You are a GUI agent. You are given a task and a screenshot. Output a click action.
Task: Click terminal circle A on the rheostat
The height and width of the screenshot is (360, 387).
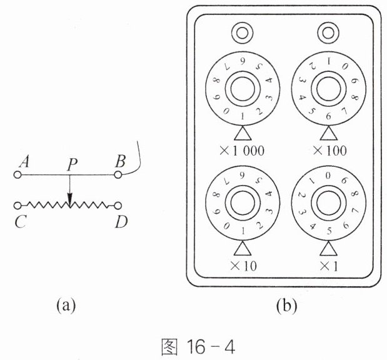pyautogui.click(x=18, y=175)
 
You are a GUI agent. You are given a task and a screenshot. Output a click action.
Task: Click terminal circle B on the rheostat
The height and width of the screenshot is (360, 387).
pyautogui.click(x=118, y=175)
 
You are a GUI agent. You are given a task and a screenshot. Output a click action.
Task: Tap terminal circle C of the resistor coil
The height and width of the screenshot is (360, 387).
pyautogui.click(x=18, y=206)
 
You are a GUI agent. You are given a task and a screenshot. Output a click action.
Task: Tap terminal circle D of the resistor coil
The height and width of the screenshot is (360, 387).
pyautogui.click(x=118, y=206)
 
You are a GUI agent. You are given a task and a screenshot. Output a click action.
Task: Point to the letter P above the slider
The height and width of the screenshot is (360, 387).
pyautogui.click(x=72, y=164)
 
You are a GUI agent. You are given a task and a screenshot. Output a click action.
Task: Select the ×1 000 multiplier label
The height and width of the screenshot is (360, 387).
pyautogui.click(x=242, y=150)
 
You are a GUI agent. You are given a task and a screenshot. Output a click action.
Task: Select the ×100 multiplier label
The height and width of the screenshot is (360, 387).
pyautogui.click(x=329, y=150)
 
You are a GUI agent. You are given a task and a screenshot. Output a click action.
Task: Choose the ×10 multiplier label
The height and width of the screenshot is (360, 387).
pyautogui.click(x=243, y=266)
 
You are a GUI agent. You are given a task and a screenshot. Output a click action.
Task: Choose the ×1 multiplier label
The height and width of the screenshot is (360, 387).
pyautogui.click(x=328, y=266)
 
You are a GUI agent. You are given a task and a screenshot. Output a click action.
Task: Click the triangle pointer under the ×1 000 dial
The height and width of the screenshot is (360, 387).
pyautogui.click(x=243, y=134)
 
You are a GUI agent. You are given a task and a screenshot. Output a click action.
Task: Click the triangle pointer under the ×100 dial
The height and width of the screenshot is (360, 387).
pyautogui.click(x=328, y=134)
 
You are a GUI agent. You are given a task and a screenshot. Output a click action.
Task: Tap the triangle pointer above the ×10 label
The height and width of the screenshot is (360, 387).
pyautogui.click(x=243, y=249)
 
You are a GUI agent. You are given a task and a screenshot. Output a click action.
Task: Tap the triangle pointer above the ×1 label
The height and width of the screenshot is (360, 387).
pyautogui.click(x=328, y=249)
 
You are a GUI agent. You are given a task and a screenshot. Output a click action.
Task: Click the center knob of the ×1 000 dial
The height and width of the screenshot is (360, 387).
pyautogui.click(x=243, y=89)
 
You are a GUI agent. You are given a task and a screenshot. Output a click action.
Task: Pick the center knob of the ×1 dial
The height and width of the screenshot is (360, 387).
pyautogui.click(x=328, y=203)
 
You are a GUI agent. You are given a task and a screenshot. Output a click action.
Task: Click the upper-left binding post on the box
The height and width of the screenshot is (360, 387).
pyautogui.click(x=242, y=33)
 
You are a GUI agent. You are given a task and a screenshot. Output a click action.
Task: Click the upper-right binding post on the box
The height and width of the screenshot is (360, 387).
pyautogui.click(x=328, y=33)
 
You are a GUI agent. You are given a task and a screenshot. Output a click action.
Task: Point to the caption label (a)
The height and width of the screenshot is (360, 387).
pyautogui.click(x=66, y=306)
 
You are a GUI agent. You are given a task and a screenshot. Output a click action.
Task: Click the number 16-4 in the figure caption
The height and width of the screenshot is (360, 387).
pyautogui.click(x=211, y=347)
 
